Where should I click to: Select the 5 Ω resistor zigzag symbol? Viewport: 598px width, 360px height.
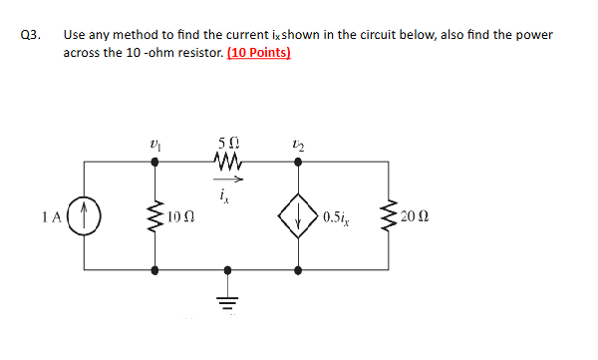(x=228, y=161)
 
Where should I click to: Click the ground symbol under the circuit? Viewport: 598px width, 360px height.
(x=228, y=301)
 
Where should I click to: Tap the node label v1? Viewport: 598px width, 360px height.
(x=154, y=147)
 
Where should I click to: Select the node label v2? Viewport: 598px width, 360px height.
(x=299, y=147)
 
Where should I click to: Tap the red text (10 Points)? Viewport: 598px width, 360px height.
(x=259, y=53)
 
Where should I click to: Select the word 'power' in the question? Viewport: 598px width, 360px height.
(x=534, y=34)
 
